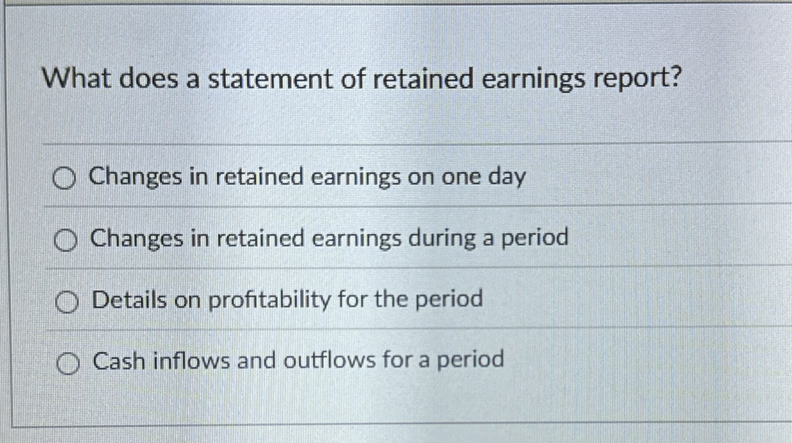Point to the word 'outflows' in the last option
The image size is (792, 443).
329,360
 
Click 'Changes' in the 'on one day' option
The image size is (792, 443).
135,178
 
